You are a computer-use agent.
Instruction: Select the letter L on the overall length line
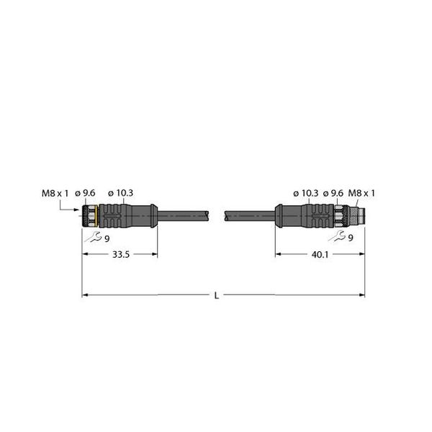pos(217,294)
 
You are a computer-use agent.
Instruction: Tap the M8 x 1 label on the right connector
pos(362,192)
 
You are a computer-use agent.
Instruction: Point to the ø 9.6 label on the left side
pos(90,192)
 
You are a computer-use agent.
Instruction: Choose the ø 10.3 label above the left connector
pos(120,192)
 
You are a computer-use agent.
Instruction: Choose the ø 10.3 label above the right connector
pos(305,192)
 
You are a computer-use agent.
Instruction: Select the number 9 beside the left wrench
pos(107,238)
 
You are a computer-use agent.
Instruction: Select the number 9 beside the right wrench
pos(350,238)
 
